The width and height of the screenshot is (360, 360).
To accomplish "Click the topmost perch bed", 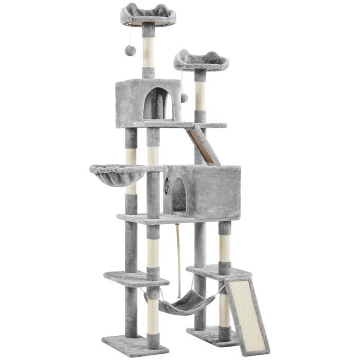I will [x=148, y=14].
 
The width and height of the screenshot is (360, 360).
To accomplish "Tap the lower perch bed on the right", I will [x=201, y=61].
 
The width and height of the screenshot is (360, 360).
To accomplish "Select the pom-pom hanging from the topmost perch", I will [x=131, y=50].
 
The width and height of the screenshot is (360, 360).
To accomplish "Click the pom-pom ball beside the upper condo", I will [x=184, y=97].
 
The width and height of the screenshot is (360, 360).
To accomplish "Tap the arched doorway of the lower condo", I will [x=179, y=195].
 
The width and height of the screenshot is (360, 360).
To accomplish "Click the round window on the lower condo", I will [x=167, y=186].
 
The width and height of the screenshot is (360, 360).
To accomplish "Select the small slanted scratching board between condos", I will [x=203, y=146].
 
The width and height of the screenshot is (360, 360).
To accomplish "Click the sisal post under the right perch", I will [x=200, y=96].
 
